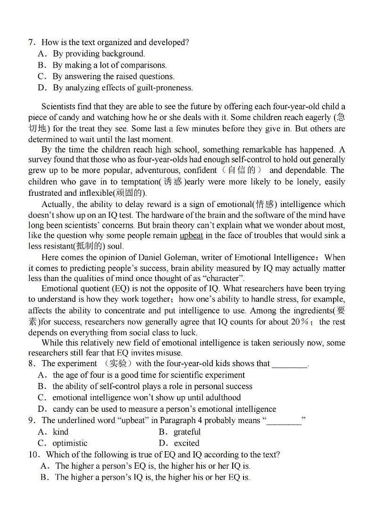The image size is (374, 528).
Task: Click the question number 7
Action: (31, 42)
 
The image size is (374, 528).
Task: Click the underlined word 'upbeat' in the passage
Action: (191, 235)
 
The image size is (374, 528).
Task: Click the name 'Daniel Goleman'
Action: (168, 257)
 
